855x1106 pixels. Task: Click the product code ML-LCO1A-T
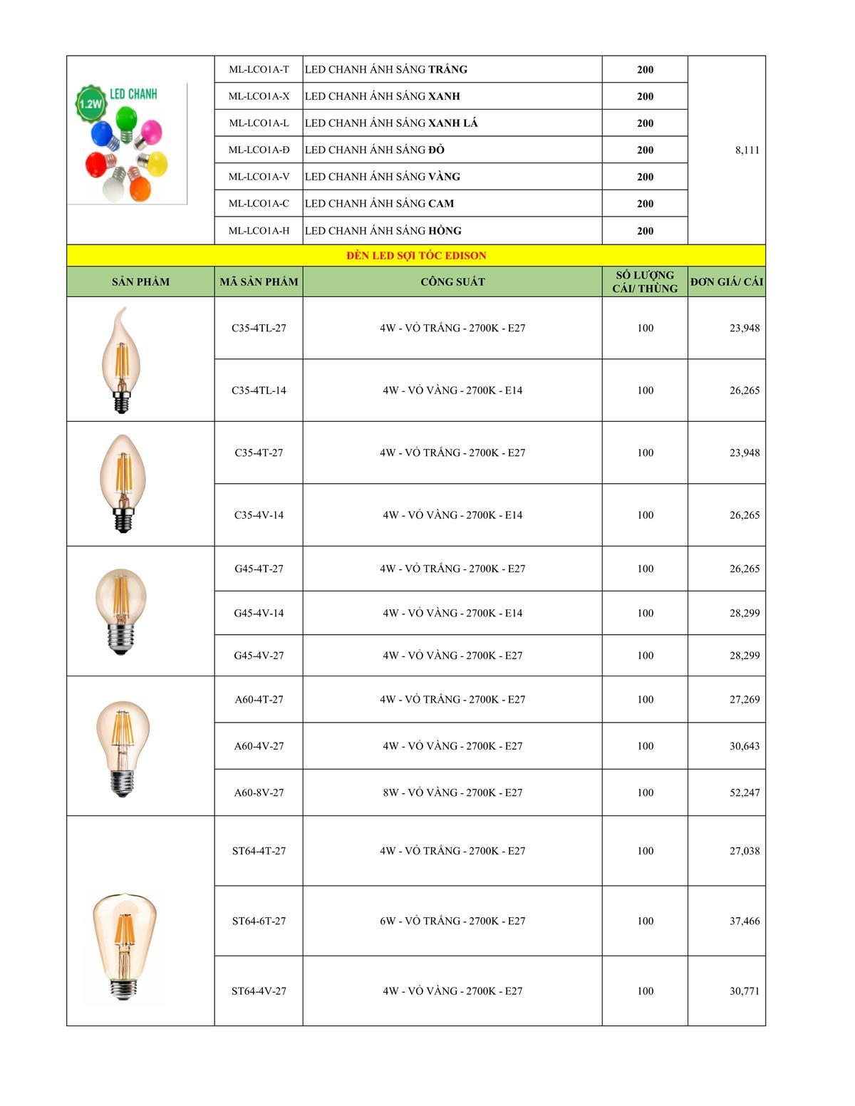(x=259, y=69)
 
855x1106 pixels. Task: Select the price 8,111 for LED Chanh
(x=747, y=150)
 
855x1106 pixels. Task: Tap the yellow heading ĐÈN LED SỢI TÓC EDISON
(x=416, y=255)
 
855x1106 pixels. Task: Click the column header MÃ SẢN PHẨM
(x=259, y=281)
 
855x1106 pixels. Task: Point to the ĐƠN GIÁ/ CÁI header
(x=726, y=281)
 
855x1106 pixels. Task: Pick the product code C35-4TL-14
(x=259, y=391)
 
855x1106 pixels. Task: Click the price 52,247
(x=744, y=792)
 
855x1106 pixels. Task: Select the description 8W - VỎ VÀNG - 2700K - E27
(x=452, y=792)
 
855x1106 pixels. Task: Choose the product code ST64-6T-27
(x=259, y=921)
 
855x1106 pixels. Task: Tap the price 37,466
(x=744, y=921)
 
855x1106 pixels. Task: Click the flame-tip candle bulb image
(x=120, y=360)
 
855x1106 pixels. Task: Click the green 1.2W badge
(x=90, y=104)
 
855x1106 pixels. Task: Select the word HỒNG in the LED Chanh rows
(x=445, y=231)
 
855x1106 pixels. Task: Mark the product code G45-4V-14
(x=259, y=613)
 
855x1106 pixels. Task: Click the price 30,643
(x=744, y=746)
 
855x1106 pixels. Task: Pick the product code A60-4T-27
(x=259, y=700)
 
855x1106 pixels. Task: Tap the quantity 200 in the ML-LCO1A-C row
(x=645, y=204)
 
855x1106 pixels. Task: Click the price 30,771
(x=744, y=991)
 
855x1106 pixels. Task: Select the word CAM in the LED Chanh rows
(x=441, y=204)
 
